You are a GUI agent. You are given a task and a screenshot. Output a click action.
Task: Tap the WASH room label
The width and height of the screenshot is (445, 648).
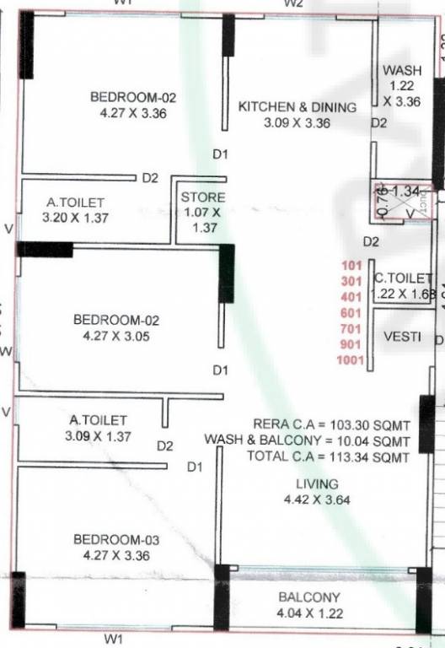tap(400, 71)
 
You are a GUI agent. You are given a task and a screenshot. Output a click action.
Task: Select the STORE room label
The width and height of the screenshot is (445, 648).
tap(203, 197)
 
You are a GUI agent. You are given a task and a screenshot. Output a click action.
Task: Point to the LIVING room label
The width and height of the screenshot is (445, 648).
tap(317, 484)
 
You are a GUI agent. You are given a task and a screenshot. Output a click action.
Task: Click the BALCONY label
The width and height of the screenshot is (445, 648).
tap(309, 598)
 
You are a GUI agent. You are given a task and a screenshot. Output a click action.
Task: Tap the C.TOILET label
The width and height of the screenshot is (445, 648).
tap(403, 278)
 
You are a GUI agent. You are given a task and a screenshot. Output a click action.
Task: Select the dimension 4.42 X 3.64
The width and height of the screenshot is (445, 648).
tap(317, 499)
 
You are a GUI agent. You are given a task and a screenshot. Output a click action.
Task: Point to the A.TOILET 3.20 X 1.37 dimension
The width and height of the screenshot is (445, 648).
tap(76, 218)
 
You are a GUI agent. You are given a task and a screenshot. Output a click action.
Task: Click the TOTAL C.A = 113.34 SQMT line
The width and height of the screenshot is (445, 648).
tap(328, 456)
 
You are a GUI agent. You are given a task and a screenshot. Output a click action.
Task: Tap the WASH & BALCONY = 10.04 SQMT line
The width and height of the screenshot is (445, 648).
tap(307, 440)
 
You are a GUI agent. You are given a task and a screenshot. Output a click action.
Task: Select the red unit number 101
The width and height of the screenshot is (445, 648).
tap(352, 265)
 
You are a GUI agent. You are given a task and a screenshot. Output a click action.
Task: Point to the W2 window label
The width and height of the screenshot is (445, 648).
tap(292, 4)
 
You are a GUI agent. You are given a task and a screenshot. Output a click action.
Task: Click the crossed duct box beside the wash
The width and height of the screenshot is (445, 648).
tap(403, 202)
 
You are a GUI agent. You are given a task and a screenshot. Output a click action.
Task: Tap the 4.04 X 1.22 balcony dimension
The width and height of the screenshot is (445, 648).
tap(309, 614)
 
